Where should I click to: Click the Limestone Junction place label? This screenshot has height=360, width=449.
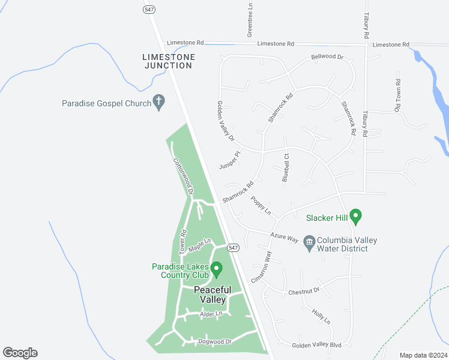pos(169,61)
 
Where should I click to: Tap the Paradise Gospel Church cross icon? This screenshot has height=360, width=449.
pos(160,103)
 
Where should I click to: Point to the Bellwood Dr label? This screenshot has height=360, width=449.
pos(327,58)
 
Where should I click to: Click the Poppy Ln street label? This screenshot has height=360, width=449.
pos(261,206)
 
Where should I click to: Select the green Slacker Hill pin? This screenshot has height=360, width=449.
pos(355,215)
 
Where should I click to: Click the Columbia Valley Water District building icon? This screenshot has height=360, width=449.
pos(310,244)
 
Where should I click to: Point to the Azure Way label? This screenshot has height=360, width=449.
pos(285,238)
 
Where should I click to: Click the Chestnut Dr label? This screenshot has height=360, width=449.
pos(304,291)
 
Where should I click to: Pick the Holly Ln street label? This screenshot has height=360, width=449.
pos(321,316)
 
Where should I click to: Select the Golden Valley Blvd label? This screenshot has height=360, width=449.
pos(316,346)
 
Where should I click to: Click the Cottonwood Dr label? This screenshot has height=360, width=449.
pos(183,176)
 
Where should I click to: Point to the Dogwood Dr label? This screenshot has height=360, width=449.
pos(215,341)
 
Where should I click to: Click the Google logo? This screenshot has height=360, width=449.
pos(20,353)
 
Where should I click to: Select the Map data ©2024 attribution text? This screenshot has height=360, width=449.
pos(423,355)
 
